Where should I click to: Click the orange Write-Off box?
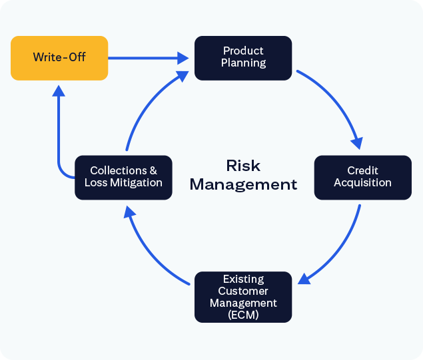click(x=59, y=58)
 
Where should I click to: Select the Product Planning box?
click(x=243, y=58)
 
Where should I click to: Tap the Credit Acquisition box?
click(x=362, y=177)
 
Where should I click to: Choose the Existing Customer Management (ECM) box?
click(x=243, y=297)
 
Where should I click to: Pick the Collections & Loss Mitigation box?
click(x=123, y=177)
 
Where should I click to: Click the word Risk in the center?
click(x=243, y=165)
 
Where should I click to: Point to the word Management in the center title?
click(x=243, y=184)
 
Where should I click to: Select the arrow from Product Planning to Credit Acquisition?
click(x=336, y=100)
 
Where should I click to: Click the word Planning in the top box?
click(x=243, y=63)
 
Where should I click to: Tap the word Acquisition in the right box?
click(x=362, y=182)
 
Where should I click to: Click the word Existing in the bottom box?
click(x=243, y=279)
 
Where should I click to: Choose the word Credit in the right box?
click(x=362, y=171)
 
